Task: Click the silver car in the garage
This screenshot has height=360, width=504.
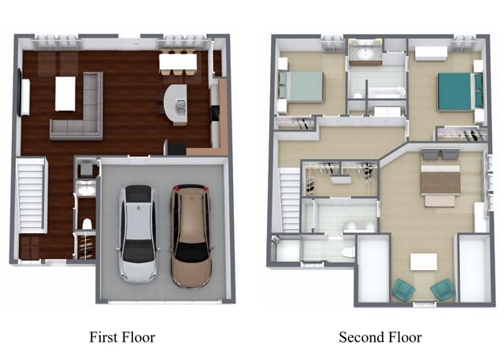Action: pyautogui.click(x=139, y=234)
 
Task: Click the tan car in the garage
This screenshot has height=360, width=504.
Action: pyautogui.click(x=191, y=236)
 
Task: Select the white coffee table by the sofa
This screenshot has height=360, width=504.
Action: pyautogui.click(x=65, y=94)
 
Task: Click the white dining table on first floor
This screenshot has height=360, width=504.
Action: pyautogui.click(x=178, y=62)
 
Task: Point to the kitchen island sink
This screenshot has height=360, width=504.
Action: pyautogui.click(x=180, y=107)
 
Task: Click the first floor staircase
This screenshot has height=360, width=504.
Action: pyautogui.click(x=31, y=195)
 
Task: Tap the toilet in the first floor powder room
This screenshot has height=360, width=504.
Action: pyautogui.click(x=87, y=224)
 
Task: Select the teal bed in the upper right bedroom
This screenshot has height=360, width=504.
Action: pyautogui.click(x=460, y=91)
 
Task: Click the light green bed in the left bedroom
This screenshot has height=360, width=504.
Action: pyautogui.click(x=301, y=87)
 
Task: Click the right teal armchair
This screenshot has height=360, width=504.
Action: pyautogui.click(x=443, y=290)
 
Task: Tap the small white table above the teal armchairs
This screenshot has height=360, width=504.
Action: pyautogui.click(x=424, y=262)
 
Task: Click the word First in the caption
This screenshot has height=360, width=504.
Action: pyautogui.click(x=102, y=337)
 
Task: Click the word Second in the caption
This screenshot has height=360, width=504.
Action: pyautogui.click(x=361, y=337)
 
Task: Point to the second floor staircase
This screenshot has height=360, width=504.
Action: pyautogui.click(x=289, y=200)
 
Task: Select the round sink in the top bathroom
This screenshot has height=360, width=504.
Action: pyautogui.click(x=365, y=54)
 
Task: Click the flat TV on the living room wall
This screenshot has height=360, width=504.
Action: pyautogui.click(x=20, y=92)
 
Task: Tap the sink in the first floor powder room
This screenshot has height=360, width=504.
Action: pyautogui.click(x=87, y=191)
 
